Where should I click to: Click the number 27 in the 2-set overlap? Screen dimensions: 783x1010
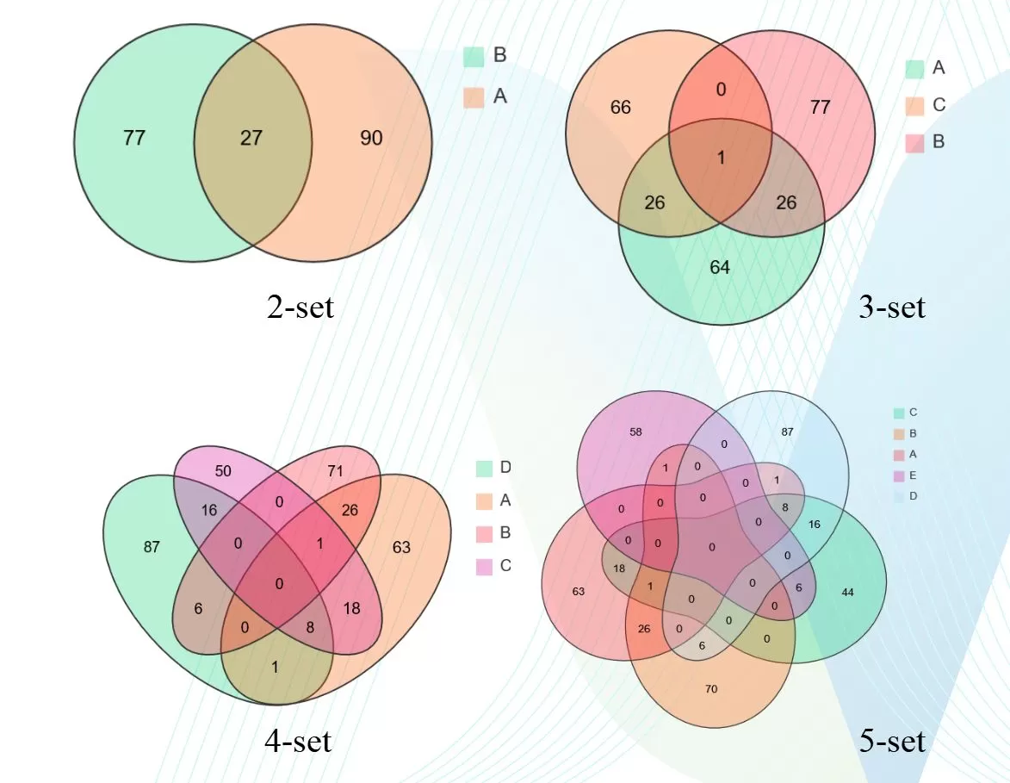coord(251,138)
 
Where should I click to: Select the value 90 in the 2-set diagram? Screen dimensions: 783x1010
coord(371,138)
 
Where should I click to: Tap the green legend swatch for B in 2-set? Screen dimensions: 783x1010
coord(473,57)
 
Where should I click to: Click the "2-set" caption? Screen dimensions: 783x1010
coord(300,306)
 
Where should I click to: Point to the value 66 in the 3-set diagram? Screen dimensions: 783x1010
coord(620,108)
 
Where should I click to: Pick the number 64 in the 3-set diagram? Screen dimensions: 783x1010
coord(720,268)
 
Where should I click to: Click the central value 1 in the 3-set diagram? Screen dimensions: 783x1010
coord(721,158)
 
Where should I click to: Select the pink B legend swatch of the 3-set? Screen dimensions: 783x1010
coord(915,142)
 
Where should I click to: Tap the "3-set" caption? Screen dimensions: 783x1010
coord(892,306)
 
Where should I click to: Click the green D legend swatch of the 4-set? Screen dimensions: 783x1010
coord(484,468)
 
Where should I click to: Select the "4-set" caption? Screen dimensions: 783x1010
coord(297,740)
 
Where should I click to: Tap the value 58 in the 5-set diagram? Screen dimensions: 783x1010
coord(636,431)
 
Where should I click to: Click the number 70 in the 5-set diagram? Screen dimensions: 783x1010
coord(711,689)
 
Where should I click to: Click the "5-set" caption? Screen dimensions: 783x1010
coord(892,740)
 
